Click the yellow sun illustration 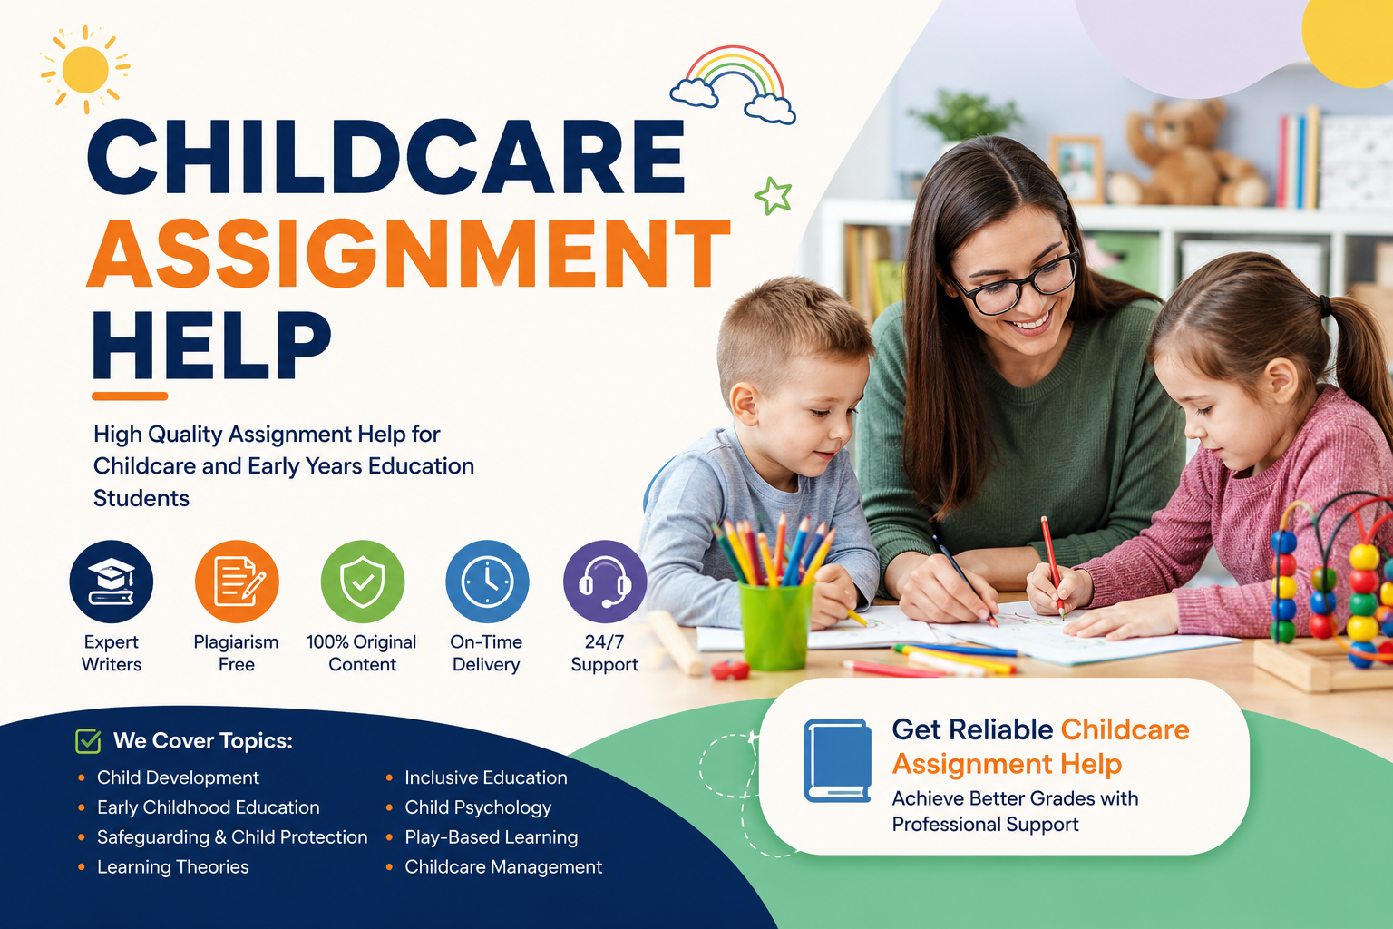(x=85, y=70)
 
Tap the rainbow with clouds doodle (x=733, y=84)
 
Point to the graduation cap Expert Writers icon (x=112, y=582)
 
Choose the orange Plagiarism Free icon (x=237, y=582)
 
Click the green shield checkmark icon (x=363, y=582)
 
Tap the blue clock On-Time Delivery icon (x=488, y=582)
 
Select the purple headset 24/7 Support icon (x=605, y=582)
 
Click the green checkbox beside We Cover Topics (x=88, y=740)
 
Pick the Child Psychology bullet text (x=478, y=807)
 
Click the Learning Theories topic (x=173, y=866)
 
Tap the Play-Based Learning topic (x=492, y=837)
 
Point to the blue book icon (x=837, y=760)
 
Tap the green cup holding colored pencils (x=774, y=625)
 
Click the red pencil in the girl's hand (x=1052, y=567)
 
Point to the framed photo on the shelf (x=1076, y=170)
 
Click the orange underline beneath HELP (x=130, y=396)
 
